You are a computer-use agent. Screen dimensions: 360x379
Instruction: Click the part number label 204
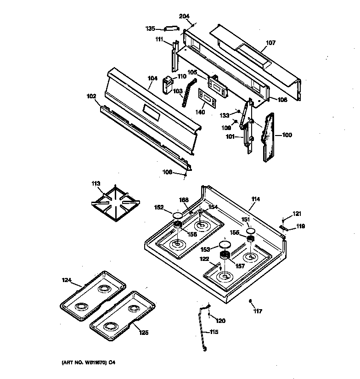pyautogui.click(x=184, y=16)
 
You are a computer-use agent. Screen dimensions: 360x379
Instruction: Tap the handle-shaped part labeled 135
pyautogui.click(x=172, y=29)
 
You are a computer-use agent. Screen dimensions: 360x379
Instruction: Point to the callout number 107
pyautogui.click(x=270, y=43)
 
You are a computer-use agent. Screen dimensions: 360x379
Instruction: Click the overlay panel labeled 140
pyautogui.click(x=207, y=98)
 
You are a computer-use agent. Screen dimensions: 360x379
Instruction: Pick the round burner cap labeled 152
pyautogui.click(x=178, y=215)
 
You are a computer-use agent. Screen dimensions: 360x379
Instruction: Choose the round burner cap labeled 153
pyautogui.click(x=225, y=244)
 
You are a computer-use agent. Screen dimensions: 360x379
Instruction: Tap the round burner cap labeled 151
pyautogui.click(x=251, y=230)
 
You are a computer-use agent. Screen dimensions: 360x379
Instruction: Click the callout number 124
pyautogui.click(x=67, y=280)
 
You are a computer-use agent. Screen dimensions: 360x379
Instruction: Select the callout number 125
pyautogui.click(x=144, y=333)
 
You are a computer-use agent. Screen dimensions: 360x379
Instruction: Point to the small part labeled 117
pyautogui.click(x=250, y=301)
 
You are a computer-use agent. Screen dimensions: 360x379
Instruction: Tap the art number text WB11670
pyautogui.click(x=95, y=362)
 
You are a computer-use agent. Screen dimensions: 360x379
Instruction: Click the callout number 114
pyautogui.click(x=256, y=199)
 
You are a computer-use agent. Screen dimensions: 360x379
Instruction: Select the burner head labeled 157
pyautogui.click(x=225, y=255)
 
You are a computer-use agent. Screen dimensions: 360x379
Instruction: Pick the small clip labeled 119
pyautogui.click(x=283, y=227)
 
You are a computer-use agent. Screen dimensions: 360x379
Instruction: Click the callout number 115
pyautogui.click(x=214, y=332)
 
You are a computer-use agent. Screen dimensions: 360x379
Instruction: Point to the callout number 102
pyautogui.click(x=91, y=96)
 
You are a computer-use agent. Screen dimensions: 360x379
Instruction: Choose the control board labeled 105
pyautogui.click(x=218, y=86)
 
